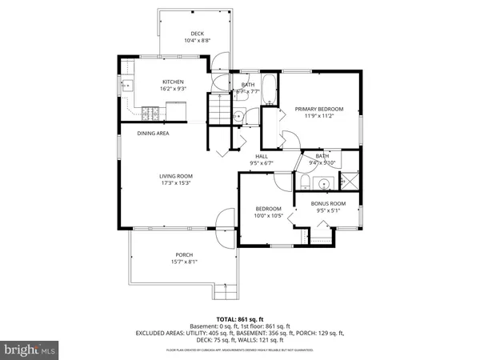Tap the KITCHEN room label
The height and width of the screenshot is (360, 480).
point(174,82)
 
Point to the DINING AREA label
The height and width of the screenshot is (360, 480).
point(152,134)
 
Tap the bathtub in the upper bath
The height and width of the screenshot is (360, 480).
point(269,91)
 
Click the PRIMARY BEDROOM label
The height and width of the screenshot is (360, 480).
point(318,109)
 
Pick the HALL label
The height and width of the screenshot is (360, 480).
point(261,156)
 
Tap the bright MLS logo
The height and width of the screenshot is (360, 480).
point(30,350)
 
